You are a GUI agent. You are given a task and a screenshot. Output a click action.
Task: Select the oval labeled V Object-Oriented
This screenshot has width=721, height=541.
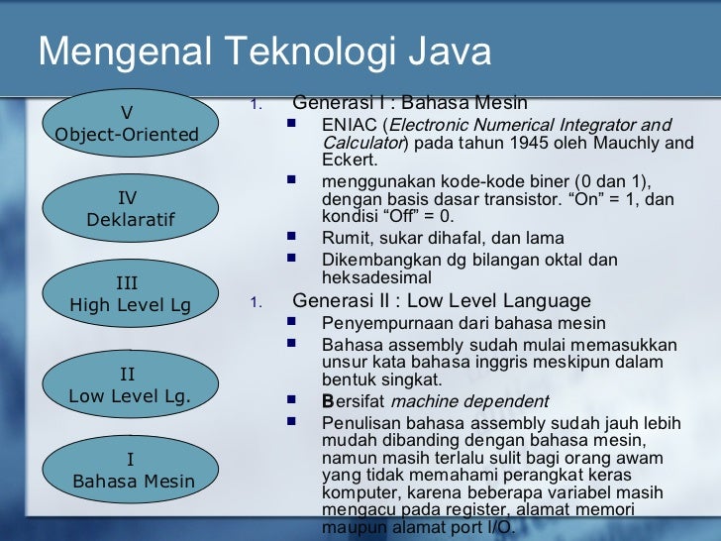pos(127,123)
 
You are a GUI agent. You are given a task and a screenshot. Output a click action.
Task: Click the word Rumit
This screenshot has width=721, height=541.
pos(343,238)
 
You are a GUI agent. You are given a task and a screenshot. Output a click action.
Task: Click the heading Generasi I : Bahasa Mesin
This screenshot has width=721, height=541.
pos(410,103)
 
